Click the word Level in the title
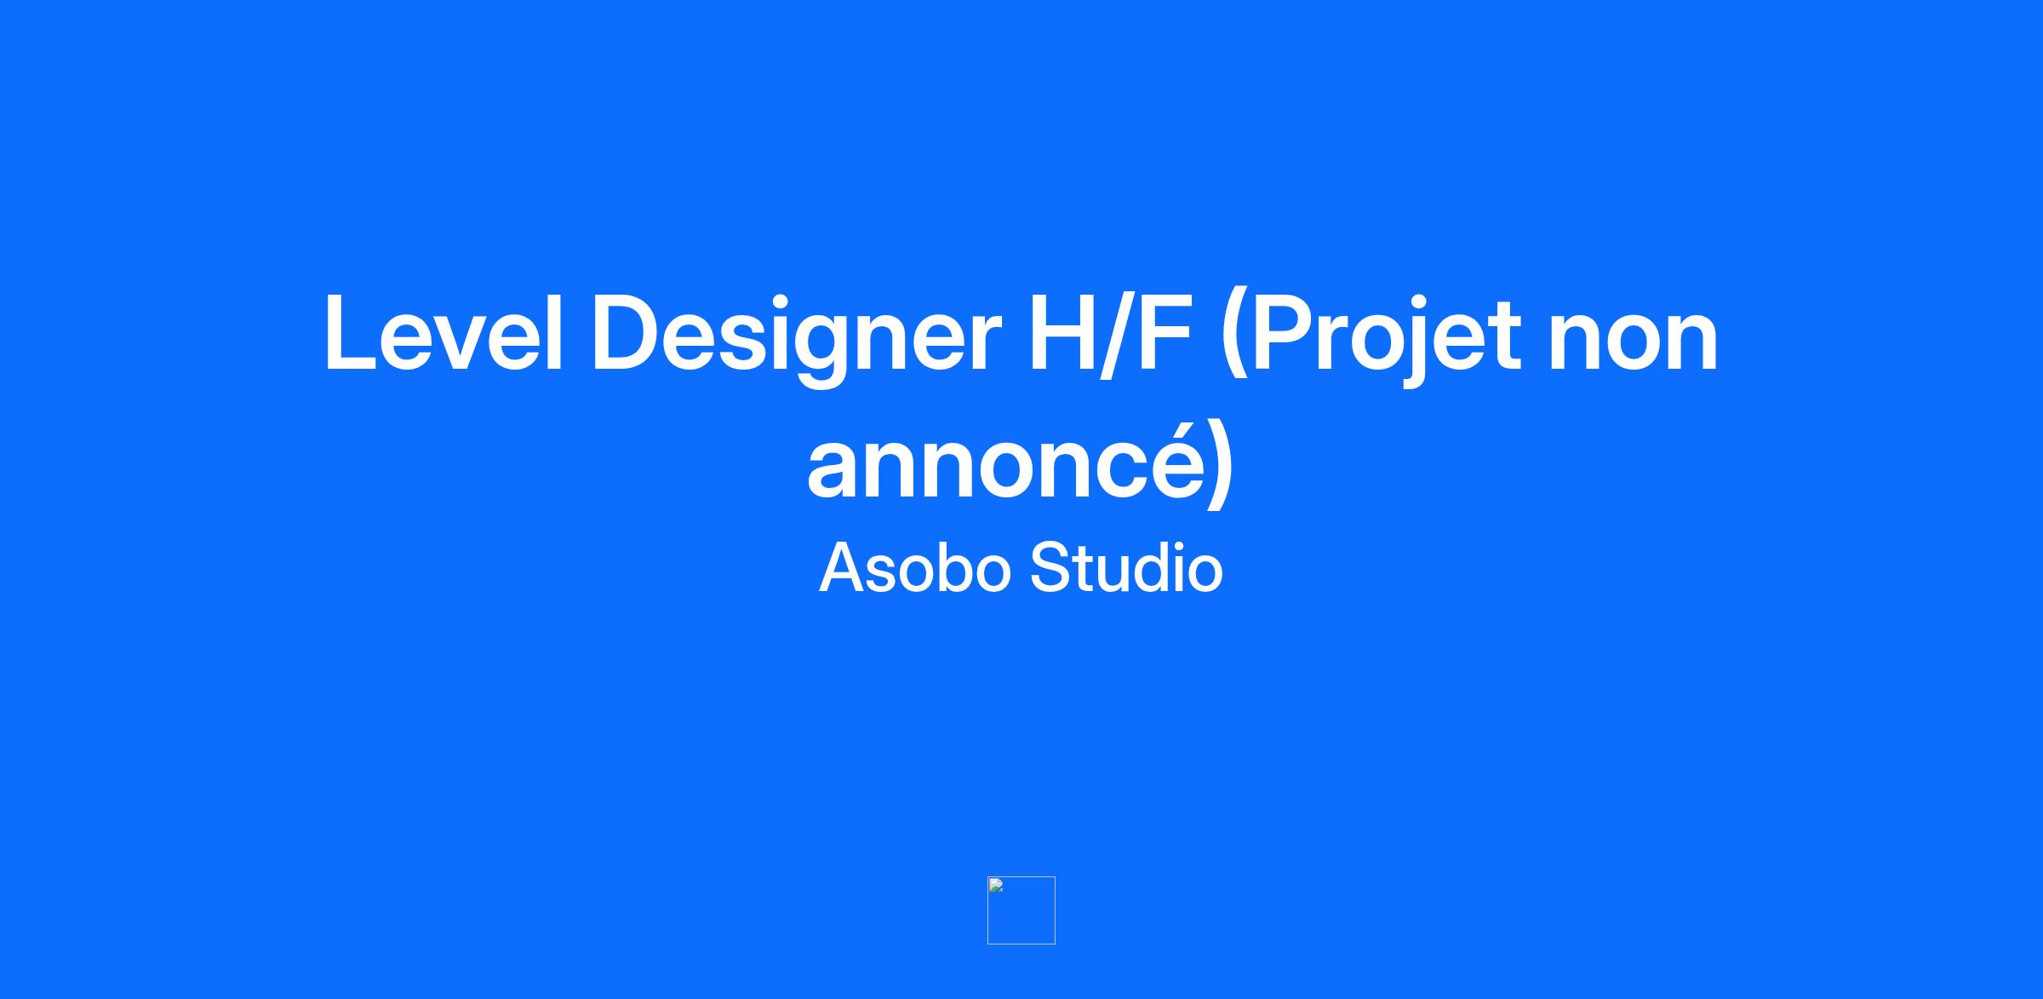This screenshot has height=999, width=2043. [444, 333]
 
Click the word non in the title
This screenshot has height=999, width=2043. [1634, 344]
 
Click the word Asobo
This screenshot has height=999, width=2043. [915, 567]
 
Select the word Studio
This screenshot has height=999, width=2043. [1126, 567]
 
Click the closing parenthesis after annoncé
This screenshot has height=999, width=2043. [1221, 464]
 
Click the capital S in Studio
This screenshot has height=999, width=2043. [1050, 567]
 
